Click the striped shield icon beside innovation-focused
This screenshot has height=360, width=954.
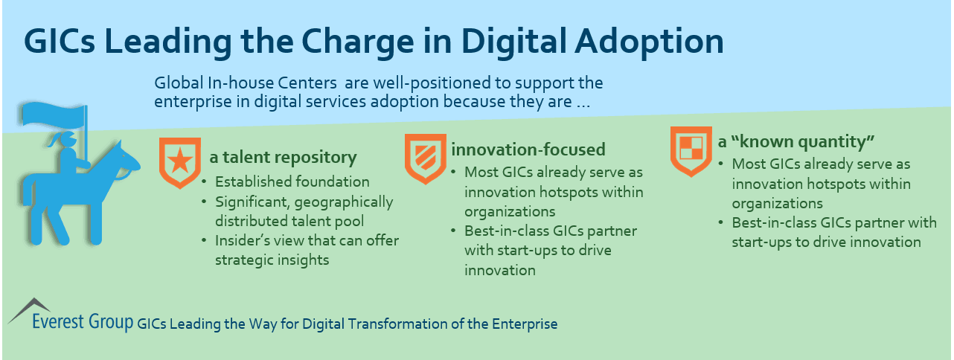pyautogui.click(x=421, y=157)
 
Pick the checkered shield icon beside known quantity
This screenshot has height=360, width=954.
pyautogui.click(x=688, y=149)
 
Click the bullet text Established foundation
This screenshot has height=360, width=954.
pyautogui.click(x=292, y=181)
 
